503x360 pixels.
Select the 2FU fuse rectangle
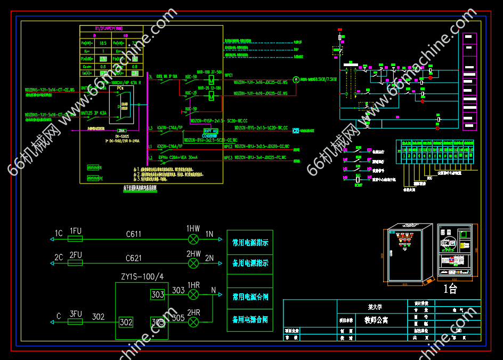tap(76, 262)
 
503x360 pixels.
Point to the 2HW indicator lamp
tap(193, 262)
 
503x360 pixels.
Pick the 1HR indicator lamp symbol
tap(193, 294)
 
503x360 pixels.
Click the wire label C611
tap(134, 234)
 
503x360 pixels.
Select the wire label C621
tap(134, 258)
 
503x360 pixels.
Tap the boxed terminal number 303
tap(158, 294)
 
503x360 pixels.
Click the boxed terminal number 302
tap(126, 322)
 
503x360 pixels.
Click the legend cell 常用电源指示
tap(250, 243)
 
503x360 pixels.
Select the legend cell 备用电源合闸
tap(250, 320)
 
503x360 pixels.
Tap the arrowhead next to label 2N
tap(222, 262)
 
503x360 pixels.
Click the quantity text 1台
tap(451, 289)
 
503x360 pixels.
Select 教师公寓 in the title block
tap(373, 321)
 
